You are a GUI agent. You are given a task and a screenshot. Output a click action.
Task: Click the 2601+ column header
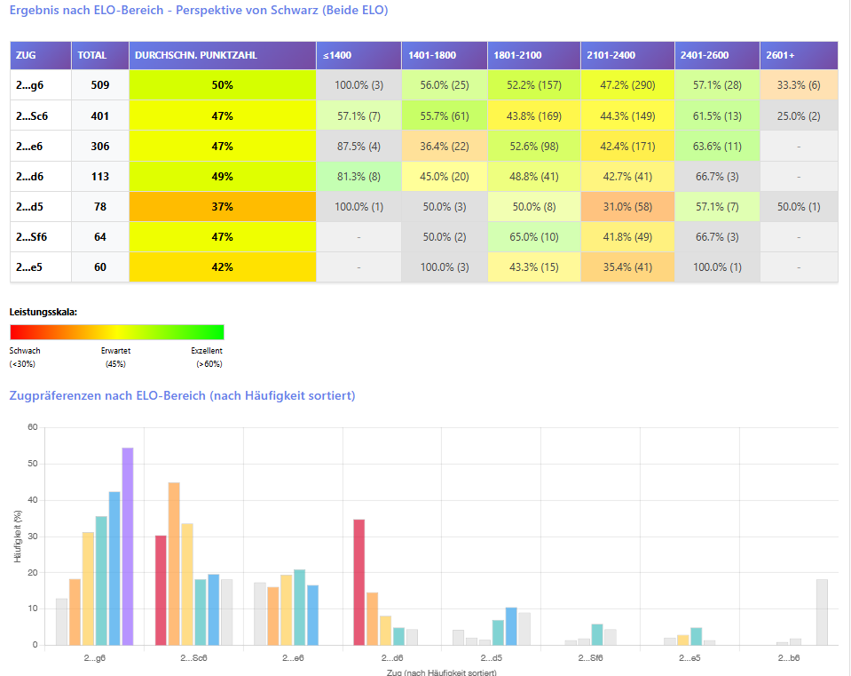click(799, 55)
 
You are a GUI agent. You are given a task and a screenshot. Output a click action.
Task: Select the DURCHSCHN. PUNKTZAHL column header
click(222, 55)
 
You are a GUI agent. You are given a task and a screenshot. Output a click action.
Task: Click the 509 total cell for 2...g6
click(100, 85)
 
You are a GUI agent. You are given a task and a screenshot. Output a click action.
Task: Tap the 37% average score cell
click(222, 206)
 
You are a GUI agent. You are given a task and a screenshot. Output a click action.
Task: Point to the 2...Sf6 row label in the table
click(37, 236)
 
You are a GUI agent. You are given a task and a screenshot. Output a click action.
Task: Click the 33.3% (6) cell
click(799, 85)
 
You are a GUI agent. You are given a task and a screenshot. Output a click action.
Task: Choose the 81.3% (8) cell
click(358, 176)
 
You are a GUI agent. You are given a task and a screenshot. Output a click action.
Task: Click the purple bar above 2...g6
click(128, 546)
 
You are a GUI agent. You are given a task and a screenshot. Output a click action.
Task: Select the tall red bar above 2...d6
click(359, 582)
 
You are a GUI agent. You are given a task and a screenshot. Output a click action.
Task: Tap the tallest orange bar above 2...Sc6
click(174, 563)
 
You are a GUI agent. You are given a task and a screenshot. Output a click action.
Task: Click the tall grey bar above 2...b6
click(822, 612)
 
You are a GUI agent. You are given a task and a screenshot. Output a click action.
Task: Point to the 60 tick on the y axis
click(32, 427)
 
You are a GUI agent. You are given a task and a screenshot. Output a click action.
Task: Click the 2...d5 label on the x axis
click(491, 659)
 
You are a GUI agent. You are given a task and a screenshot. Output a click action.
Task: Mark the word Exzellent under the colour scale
click(207, 351)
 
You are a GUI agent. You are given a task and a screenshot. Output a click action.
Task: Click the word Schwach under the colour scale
click(25, 351)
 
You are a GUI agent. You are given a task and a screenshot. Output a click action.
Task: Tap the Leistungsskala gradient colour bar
click(116, 332)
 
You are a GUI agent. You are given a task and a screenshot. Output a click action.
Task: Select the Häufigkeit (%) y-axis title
click(19, 537)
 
